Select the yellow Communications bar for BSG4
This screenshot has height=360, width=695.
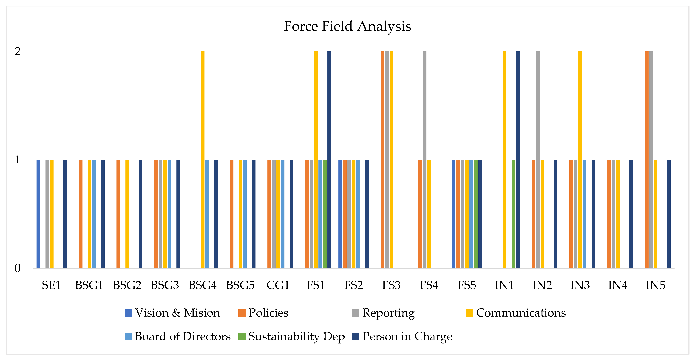pyautogui.click(x=203, y=159)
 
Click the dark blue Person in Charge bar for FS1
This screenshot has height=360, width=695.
pyautogui.click(x=329, y=159)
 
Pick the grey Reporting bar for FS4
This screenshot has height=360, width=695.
pyautogui.click(x=425, y=159)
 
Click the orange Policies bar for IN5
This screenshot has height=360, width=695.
pyautogui.click(x=646, y=159)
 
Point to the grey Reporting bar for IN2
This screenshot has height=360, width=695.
pyautogui.click(x=538, y=159)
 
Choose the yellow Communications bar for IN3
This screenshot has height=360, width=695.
pyautogui.click(x=580, y=159)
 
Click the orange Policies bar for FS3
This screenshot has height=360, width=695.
pyautogui.click(x=382, y=159)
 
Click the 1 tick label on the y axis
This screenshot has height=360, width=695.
pyautogui.click(x=17, y=160)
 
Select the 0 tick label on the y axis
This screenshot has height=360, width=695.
pyautogui.click(x=17, y=268)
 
